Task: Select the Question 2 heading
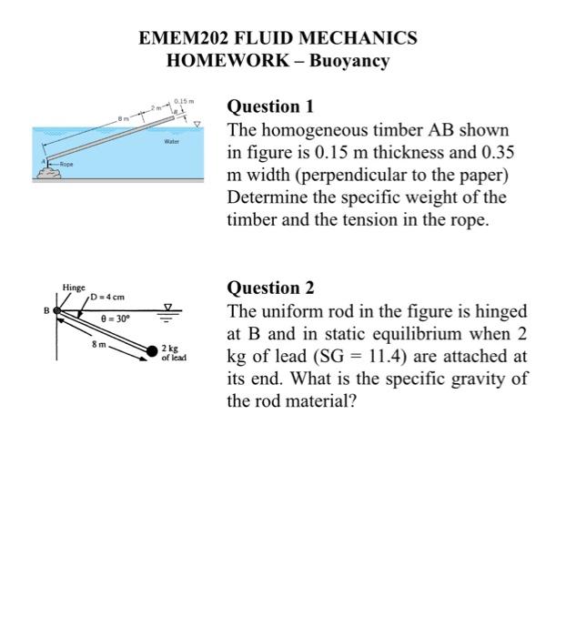[270, 288]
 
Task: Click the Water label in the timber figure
[172, 142]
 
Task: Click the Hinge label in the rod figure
[73, 288]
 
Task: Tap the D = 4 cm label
[107, 298]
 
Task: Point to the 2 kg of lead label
[173, 354]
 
